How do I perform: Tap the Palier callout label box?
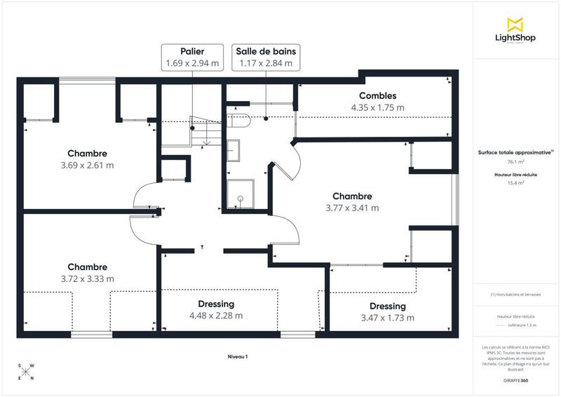click(192, 58)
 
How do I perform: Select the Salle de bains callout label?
click(266, 58)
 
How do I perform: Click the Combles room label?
click(377, 96)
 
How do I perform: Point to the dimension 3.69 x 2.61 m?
click(88, 166)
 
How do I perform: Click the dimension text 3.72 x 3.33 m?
click(88, 278)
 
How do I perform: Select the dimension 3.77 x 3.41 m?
click(352, 208)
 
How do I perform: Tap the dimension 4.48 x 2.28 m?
click(216, 316)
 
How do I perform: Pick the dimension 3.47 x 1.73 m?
click(387, 318)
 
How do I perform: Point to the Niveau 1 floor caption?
click(238, 357)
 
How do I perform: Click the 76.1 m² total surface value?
click(515, 161)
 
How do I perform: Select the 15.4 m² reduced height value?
click(515, 182)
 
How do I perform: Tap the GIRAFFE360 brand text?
click(515, 379)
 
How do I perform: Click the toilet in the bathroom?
click(239, 120)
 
